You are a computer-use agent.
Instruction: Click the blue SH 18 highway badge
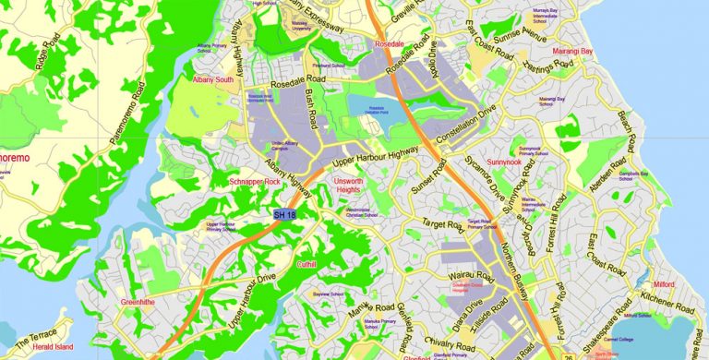coord(285,215)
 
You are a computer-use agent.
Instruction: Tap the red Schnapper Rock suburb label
coord(254,183)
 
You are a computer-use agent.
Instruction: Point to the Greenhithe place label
coord(142,302)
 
